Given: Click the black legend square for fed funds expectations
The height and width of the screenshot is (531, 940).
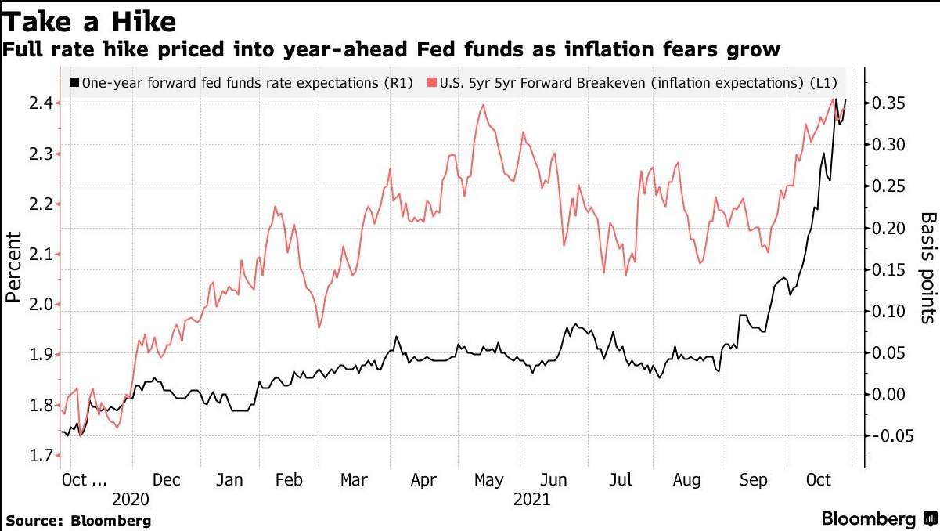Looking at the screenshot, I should pos(74,82).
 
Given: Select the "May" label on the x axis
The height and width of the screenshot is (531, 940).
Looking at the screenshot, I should pos(488,480).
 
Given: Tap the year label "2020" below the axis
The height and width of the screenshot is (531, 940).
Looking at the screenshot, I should pos(130,499).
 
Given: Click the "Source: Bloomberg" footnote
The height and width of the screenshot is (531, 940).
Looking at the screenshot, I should pos(78,520).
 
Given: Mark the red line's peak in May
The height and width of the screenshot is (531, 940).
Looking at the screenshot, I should pos(483,105).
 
